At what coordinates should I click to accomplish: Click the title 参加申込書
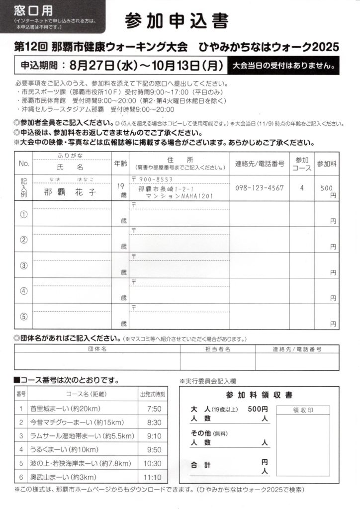pyautogui.click(x=177, y=21)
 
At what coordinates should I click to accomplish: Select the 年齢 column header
pyautogui.click(x=121, y=163)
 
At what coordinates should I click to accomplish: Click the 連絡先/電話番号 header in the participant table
pyautogui.click(x=260, y=163)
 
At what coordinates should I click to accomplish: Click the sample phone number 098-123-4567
pyautogui.click(x=260, y=187)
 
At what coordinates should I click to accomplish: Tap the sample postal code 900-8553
pyautogui.click(x=156, y=179)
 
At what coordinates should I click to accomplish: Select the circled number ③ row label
pyautogui.click(x=23, y=265)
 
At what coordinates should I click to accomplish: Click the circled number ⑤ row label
pyautogui.click(x=23, y=317)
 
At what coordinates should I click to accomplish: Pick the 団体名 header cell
pyautogui.click(x=97, y=349)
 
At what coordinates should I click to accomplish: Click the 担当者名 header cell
pyautogui.click(x=217, y=349)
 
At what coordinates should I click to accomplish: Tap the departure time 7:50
pyautogui.click(x=154, y=409)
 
